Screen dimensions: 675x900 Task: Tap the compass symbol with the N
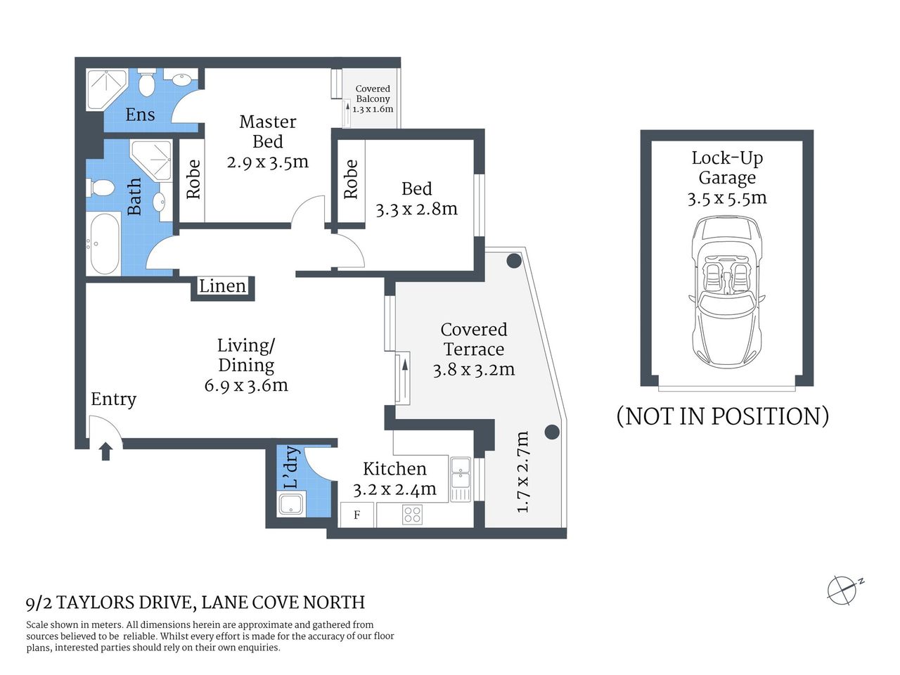[x=842, y=590]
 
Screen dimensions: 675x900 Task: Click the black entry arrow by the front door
[x=105, y=451]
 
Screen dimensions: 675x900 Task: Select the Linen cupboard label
[x=222, y=286]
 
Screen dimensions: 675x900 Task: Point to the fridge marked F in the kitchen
[x=357, y=515]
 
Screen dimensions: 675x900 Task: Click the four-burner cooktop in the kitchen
[x=413, y=515]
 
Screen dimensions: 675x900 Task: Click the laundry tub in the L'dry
[x=291, y=504]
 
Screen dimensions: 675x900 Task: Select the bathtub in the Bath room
[x=105, y=244]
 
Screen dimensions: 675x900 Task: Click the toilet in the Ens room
[x=146, y=83]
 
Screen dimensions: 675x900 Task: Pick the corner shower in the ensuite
[x=105, y=89]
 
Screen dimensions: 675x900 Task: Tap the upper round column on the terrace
[x=514, y=261]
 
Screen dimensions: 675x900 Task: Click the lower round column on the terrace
[x=552, y=432]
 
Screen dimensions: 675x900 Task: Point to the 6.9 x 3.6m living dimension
[x=246, y=385]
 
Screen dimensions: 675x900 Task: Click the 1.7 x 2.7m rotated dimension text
[x=522, y=472]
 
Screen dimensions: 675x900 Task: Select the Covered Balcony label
[x=373, y=98]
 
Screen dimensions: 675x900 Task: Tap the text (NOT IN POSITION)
[x=722, y=416]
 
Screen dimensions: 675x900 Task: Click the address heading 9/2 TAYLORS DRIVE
[x=195, y=603]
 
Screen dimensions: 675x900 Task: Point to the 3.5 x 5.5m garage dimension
[x=727, y=198]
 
